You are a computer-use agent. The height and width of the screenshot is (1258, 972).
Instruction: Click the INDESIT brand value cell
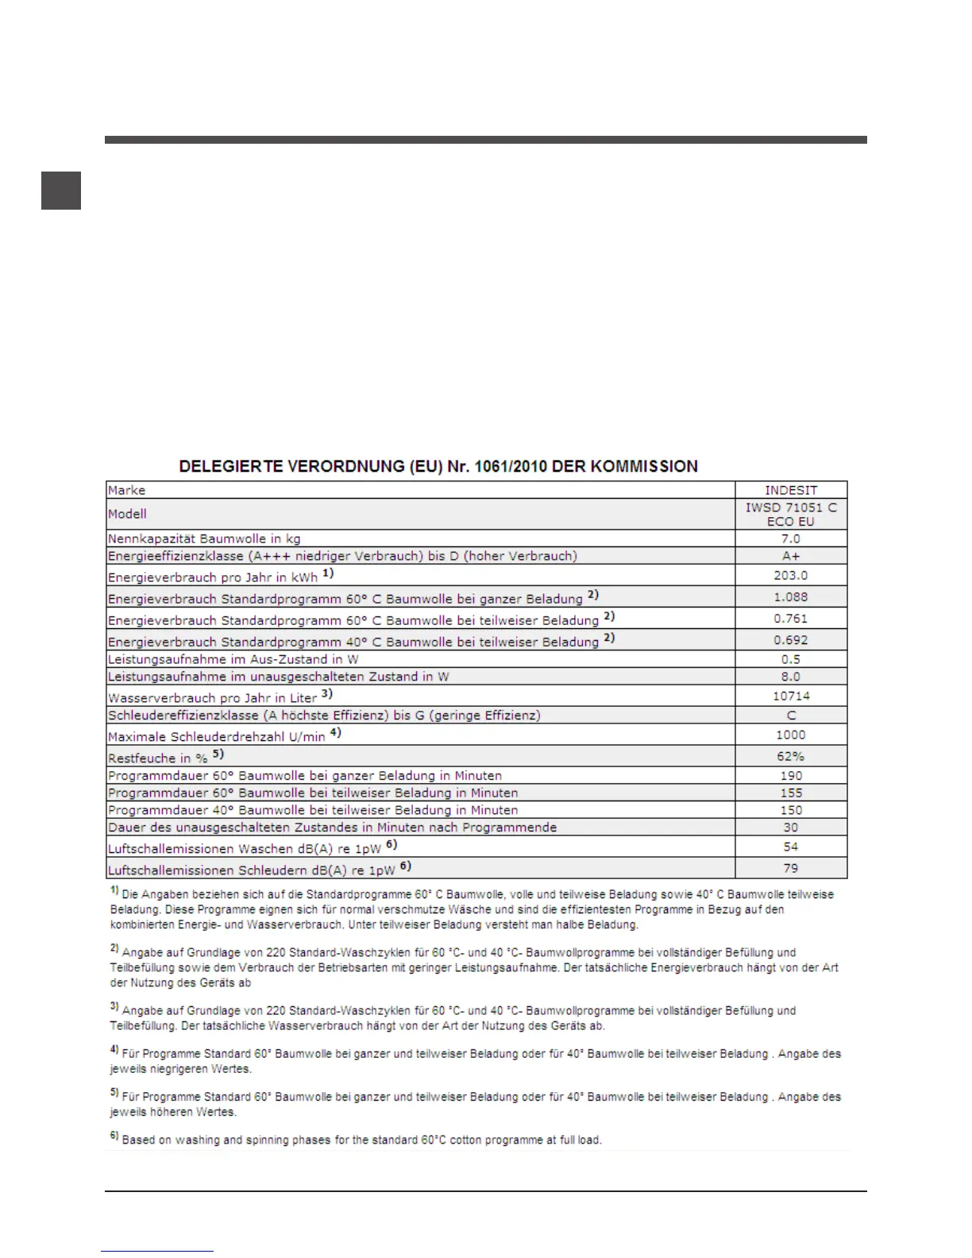790,490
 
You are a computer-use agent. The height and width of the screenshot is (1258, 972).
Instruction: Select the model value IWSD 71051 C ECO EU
790,514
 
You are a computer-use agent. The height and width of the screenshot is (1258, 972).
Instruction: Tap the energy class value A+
790,556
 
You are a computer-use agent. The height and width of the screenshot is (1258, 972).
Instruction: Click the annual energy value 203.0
790,575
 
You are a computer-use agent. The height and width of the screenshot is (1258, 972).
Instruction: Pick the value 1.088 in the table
790,596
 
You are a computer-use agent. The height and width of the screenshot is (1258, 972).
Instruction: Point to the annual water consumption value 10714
790,696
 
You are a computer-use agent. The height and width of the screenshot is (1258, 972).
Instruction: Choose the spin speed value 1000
790,735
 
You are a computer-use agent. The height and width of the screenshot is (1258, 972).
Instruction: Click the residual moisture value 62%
790,756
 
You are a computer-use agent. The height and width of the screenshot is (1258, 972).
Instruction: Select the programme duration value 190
790,775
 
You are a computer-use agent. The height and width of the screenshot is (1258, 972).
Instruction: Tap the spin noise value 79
790,868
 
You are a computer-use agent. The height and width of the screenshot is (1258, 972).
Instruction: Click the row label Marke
127,490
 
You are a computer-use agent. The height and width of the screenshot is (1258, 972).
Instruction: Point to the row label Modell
128,514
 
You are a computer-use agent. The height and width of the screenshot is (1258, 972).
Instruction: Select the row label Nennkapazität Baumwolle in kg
204,538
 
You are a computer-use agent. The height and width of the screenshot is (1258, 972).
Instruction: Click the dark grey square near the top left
61,191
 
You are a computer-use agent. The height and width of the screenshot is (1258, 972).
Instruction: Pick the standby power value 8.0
790,677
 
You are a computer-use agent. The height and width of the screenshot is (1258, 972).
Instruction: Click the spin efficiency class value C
790,715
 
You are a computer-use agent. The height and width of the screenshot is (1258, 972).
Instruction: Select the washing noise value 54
790,847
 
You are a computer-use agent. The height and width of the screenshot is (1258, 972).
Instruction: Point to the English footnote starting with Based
361,1140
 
